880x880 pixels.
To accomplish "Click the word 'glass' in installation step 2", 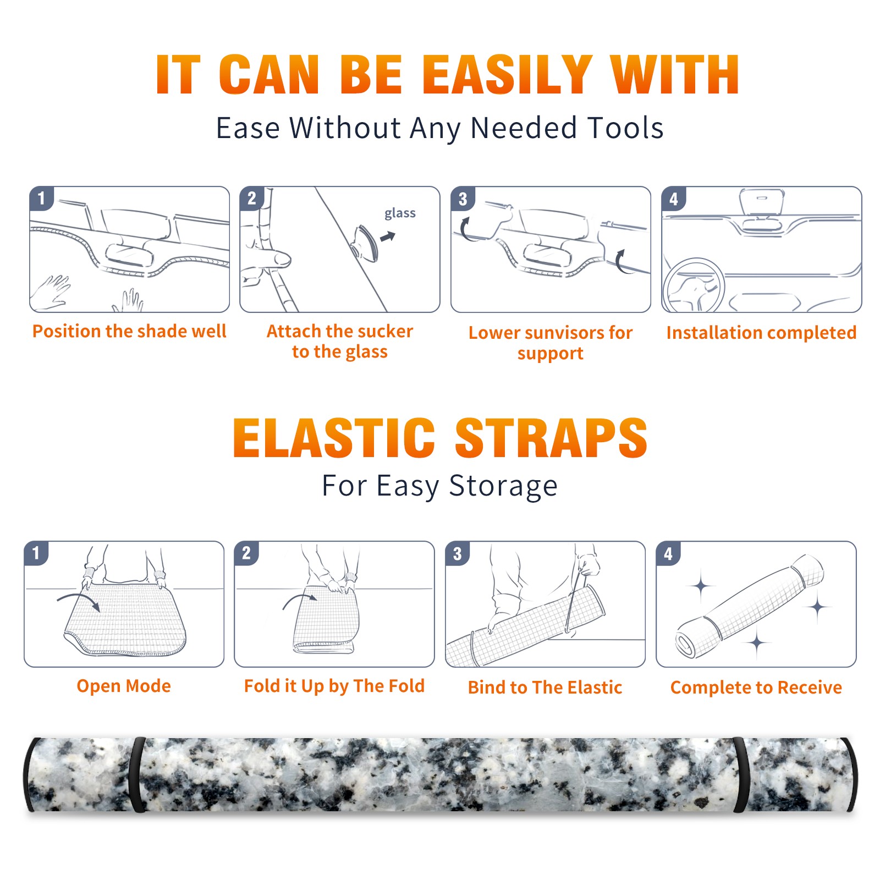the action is point(400,213).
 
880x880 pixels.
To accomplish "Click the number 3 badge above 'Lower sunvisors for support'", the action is point(463,199).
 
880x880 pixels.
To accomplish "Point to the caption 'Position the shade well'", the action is point(129,331).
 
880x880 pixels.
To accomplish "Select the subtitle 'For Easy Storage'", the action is point(440,486).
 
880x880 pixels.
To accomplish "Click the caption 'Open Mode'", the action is point(124,686).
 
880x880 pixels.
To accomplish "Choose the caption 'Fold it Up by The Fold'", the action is point(334,686).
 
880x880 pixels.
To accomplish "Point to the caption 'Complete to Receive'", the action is point(756,687).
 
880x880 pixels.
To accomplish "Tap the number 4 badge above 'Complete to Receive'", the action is point(668,553).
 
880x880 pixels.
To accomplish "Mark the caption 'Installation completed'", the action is point(762,333).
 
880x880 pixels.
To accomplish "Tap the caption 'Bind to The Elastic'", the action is point(545,687).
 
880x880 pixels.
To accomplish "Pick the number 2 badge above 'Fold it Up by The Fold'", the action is point(246,553).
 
